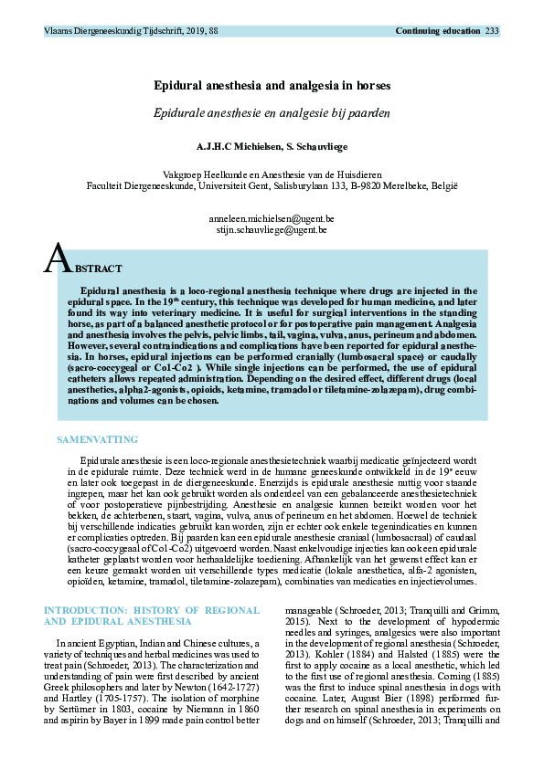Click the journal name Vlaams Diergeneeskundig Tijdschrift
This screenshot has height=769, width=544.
pyautogui.click(x=111, y=31)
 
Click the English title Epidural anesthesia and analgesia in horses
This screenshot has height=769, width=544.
pyautogui.click(x=272, y=85)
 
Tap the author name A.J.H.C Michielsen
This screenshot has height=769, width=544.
pyautogui.click(x=233, y=145)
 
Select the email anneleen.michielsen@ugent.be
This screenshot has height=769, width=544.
pyautogui.click(x=272, y=219)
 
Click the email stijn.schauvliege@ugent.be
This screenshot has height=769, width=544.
pyautogui.click(x=272, y=231)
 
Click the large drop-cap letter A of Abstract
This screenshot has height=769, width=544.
pyautogui.click(x=58, y=261)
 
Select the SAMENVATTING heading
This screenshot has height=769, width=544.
pyautogui.click(x=98, y=439)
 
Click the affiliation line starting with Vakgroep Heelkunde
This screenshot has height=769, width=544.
pyautogui.click(x=272, y=174)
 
